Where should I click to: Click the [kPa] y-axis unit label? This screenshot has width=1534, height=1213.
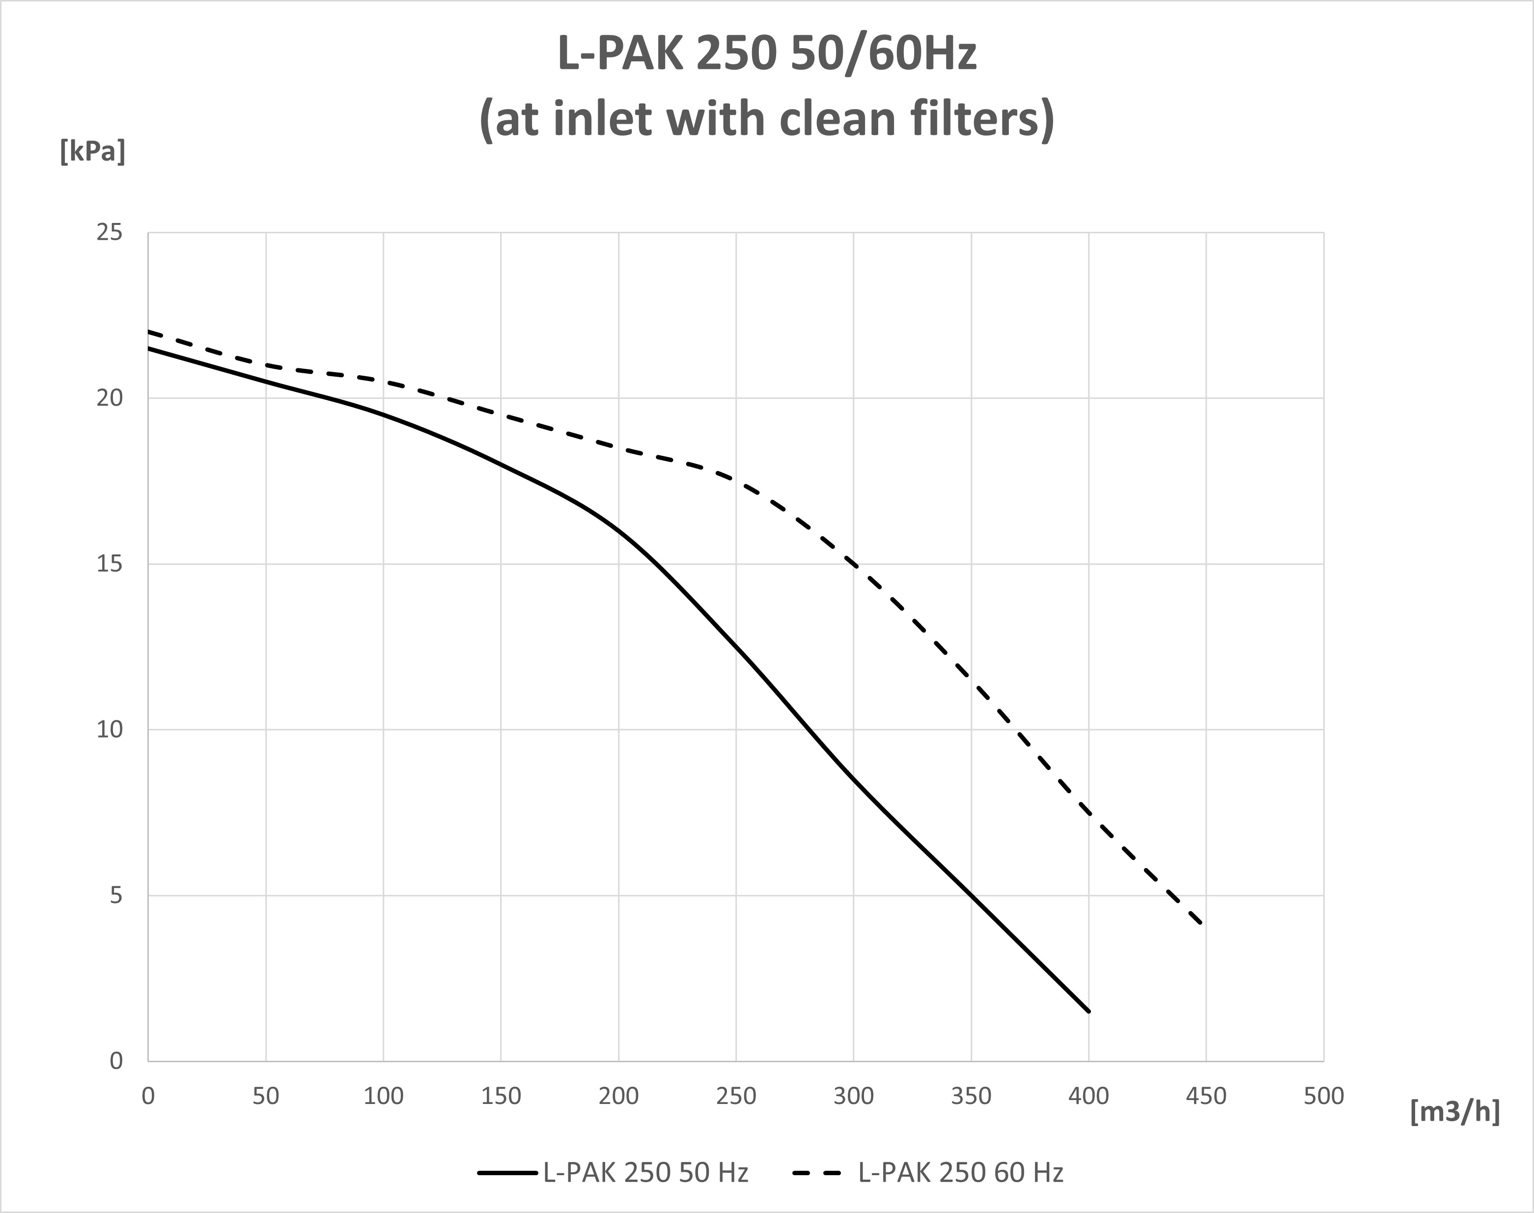pyautogui.click(x=92, y=151)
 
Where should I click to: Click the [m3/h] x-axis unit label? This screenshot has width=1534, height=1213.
pyautogui.click(x=1455, y=1111)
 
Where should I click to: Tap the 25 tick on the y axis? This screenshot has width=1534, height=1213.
pyautogui.click(x=110, y=233)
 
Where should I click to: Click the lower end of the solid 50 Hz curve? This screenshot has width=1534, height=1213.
pyautogui.click(x=1088, y=1011)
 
